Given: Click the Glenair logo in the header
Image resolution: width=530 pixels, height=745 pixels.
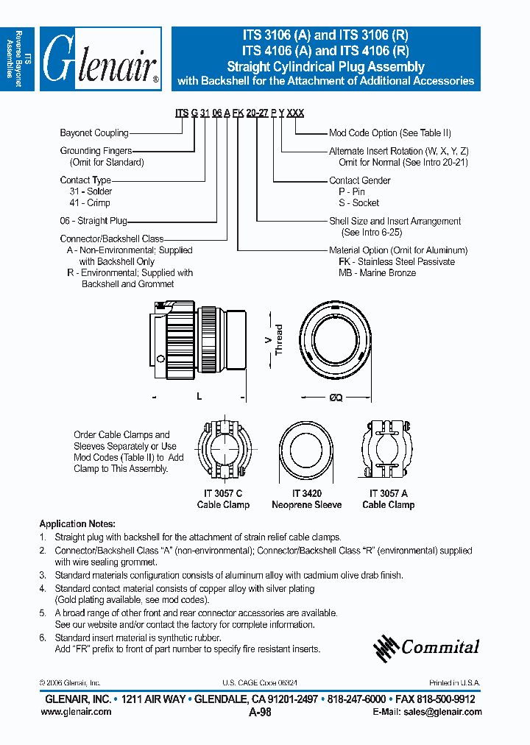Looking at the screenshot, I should (x=100, y=60).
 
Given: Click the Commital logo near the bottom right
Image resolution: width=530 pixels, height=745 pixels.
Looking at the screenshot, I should (x=426, y=646).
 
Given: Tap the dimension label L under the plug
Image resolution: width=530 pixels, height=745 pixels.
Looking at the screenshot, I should (x=199, y=397).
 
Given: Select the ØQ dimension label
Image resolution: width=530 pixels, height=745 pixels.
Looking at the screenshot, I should (x=335, y=397).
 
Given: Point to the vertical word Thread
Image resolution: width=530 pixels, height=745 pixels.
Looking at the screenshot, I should (x=279, y=339).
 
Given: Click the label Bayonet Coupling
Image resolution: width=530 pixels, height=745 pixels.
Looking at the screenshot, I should (x=94, y=133).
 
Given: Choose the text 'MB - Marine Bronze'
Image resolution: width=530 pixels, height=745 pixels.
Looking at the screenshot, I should (x=377, y=273).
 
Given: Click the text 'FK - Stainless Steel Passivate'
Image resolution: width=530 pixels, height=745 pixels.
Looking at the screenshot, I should (x=397, y=261).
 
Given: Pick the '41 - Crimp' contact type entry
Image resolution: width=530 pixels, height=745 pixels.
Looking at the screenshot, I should (x=89, y=202).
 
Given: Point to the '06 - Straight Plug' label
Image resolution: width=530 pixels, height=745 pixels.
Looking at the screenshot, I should (x=93, y=221).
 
